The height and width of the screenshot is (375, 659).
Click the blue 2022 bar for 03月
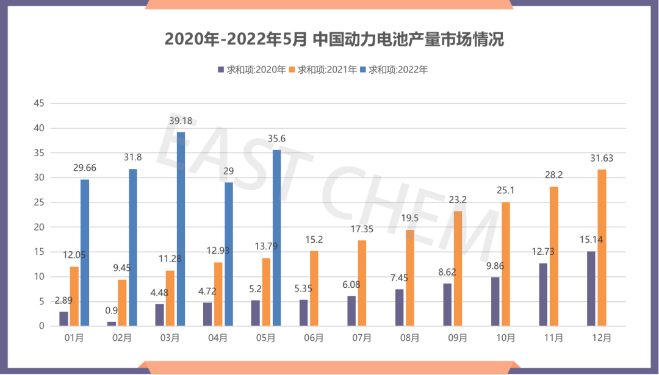[x=181, y=229]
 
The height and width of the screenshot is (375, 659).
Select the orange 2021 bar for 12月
[x=602, y=248]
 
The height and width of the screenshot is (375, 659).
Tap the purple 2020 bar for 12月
[x=591, y=288]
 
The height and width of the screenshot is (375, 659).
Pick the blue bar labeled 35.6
[x=276, y=238]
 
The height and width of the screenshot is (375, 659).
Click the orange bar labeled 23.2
[x=458, y=268]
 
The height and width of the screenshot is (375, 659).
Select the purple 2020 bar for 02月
[x=112, y=324]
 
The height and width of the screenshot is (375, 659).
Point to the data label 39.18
[x=181, y=121]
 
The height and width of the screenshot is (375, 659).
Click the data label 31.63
[x=602, y=158]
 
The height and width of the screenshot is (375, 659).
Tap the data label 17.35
[x=362, y=229]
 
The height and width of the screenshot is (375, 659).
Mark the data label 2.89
[x=64, y=300]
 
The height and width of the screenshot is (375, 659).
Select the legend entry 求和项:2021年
[x=328, y=70]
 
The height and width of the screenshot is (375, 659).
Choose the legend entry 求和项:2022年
[x=398, y=70]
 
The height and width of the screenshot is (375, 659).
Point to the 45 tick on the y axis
[x=39, y=104]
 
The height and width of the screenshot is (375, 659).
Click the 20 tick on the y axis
[x=39, y=227]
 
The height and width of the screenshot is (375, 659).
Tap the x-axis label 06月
[x=314, y=338]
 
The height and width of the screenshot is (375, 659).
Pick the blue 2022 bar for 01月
[x=85, y=252]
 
